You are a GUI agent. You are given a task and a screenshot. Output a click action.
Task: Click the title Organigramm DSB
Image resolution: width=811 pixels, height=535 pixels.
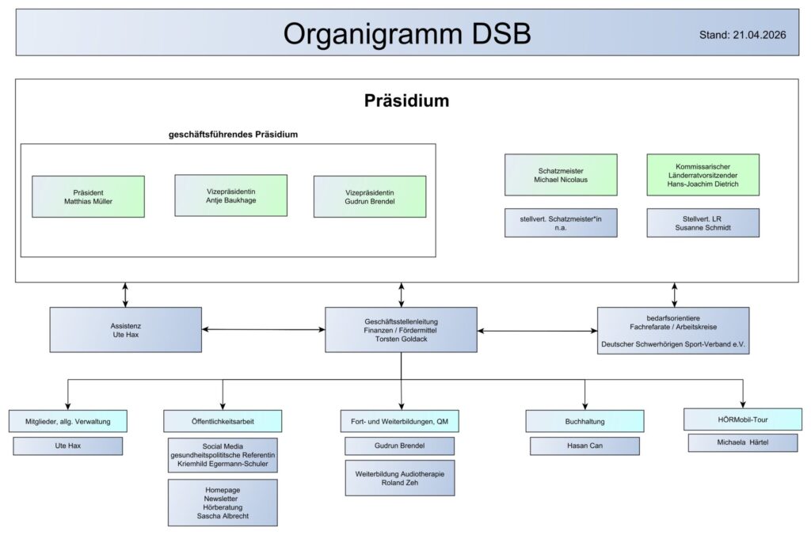coord(407,33)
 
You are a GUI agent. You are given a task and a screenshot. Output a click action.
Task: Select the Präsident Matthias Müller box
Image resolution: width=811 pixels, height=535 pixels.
coord(88,196)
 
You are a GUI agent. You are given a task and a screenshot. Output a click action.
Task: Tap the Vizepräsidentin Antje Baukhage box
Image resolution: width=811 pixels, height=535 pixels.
coord(230,195)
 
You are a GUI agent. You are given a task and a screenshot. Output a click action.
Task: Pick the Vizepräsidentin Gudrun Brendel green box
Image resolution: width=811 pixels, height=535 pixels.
coord(370,196)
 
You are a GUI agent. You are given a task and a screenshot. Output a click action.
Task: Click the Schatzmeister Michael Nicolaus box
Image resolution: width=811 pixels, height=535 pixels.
coord(561,175)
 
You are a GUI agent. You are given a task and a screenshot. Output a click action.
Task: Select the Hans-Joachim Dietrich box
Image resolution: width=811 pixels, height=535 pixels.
coord(702,175)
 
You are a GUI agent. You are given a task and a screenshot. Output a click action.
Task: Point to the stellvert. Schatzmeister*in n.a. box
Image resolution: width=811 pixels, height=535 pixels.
coord(561,222)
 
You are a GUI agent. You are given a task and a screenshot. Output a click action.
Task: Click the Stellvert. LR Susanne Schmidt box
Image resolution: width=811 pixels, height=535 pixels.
coord(702,222)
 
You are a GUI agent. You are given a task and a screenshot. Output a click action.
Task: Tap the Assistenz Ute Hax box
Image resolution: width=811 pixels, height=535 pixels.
coord(125,329)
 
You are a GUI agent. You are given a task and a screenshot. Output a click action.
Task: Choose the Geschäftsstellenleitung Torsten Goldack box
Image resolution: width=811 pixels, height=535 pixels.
coord(401,329)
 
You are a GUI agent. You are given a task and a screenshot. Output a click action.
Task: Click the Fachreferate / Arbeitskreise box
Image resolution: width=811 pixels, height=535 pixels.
coord(673,330)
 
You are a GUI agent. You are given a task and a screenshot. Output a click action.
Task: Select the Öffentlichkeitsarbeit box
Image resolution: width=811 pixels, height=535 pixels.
coord(223,421)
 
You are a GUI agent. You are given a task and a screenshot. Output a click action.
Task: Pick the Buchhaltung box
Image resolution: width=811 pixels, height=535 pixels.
coord(584,421)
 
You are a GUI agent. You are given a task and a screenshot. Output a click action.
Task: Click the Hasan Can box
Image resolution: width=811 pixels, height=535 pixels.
coord(584,446)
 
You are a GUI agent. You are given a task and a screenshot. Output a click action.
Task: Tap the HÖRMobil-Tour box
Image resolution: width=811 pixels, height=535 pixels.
coord(742,419)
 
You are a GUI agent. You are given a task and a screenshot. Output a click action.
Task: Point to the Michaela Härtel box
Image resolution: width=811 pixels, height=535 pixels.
coord(742,442)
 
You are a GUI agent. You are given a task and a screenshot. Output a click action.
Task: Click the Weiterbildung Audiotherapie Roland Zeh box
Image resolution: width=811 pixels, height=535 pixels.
coord(400,478)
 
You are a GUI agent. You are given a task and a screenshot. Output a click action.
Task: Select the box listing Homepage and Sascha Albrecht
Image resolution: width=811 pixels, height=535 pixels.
coord(223,503)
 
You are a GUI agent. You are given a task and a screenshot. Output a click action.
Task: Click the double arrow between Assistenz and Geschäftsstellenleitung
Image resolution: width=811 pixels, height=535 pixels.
coord(263,329)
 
